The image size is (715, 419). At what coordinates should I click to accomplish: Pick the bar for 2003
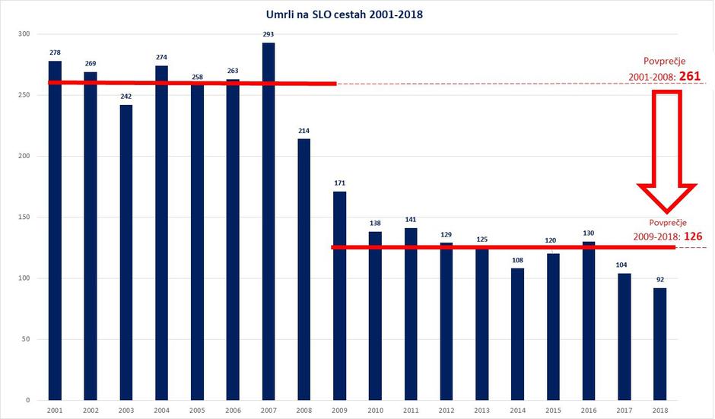click(x=126, y=251)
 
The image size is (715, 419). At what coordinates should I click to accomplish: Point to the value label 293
click(x=269, y=34)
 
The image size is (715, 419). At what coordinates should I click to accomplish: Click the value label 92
click(x=660, y=280)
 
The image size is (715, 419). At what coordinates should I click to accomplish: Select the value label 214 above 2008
click(x=304, y=131)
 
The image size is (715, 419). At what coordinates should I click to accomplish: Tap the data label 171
click(x=340, y=183)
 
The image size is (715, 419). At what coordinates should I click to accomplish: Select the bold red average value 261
click(x=694, y=77)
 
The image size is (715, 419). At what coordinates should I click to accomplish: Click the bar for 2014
click(x=518, y=334)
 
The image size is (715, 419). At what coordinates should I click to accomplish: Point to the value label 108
click(x=518, y=260)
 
